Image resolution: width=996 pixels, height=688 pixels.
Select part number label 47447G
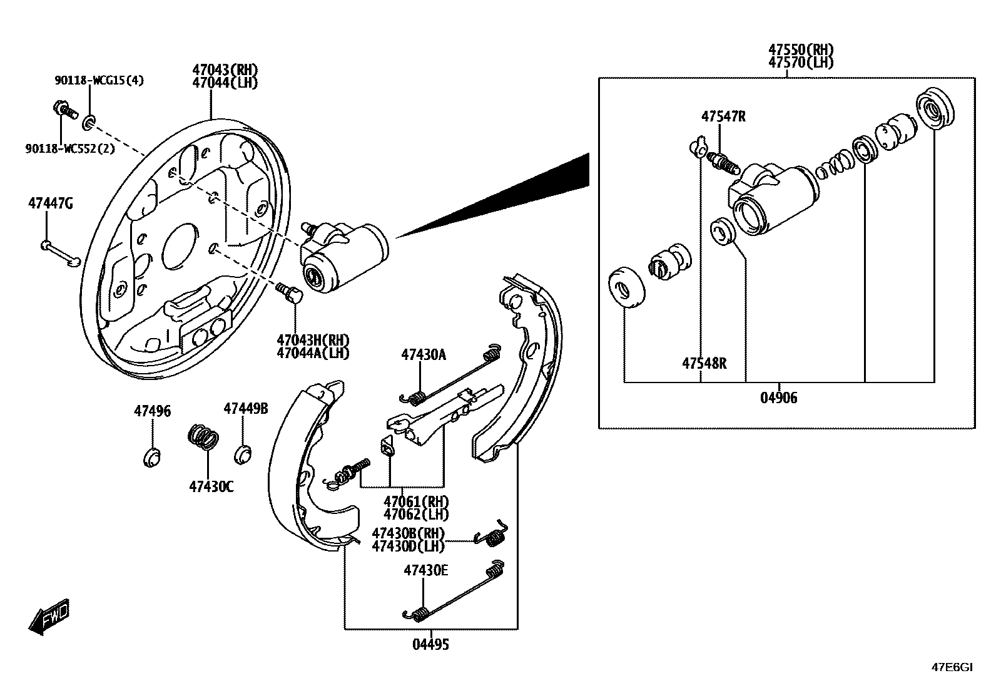point(50,203)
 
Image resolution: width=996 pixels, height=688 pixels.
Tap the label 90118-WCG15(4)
point(99,81)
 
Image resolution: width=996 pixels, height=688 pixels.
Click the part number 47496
point(152,411)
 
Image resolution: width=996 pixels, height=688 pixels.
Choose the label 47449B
point(246,409)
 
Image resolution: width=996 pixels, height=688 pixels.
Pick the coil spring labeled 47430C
point(204,436)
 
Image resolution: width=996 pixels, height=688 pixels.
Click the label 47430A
point(424,355)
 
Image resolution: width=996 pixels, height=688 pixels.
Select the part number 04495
point(430,644)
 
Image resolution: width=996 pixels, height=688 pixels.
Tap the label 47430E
point(425,570)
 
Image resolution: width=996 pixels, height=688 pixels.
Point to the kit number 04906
point(779,398)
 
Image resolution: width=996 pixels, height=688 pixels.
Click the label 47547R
point(723,116)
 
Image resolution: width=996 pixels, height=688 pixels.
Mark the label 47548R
point(704,363)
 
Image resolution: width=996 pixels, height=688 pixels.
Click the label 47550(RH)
point(801,50)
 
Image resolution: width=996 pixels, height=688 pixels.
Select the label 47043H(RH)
point(313,340)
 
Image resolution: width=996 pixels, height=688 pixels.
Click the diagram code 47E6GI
point(952,667)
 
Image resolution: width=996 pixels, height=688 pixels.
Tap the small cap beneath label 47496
point(152,458)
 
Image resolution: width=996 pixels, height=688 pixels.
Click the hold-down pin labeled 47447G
point(60,253)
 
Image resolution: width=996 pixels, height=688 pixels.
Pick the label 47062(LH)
point(416,515)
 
